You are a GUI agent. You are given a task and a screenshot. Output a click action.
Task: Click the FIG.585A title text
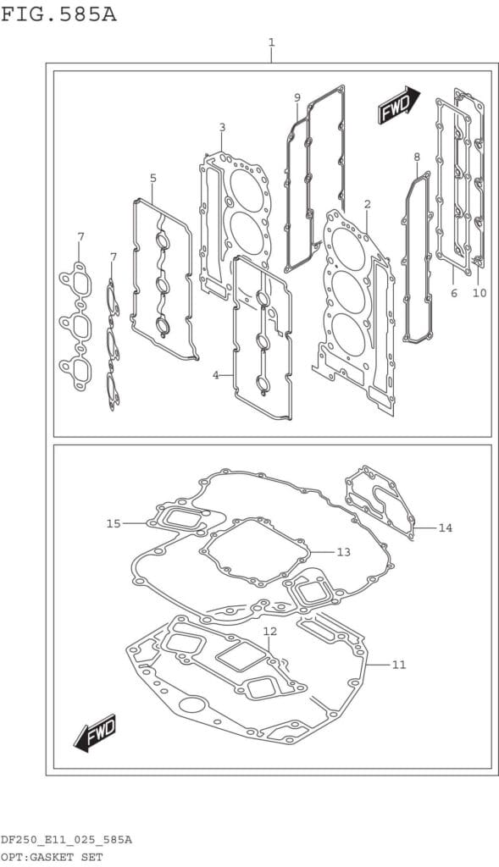click(x=58, y=14)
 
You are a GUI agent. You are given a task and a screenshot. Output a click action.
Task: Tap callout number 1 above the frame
click(x=272, y=42)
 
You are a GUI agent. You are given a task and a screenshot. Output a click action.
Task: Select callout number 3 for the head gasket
click(x=222, y=128)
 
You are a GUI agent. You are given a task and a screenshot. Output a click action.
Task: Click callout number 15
click(x=114, y=523)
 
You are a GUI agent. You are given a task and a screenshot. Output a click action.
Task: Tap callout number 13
click(x=344, y=552)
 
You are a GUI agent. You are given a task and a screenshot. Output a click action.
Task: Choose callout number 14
click(x=446, y=528)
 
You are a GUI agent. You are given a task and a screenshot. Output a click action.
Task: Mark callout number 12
click(x=270, y=631)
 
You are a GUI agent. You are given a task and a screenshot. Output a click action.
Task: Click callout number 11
click(x=399, y=665)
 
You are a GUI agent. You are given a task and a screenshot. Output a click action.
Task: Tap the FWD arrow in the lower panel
click(x=95, y=733)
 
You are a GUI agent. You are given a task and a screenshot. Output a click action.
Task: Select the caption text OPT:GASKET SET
click(x=52, y=857)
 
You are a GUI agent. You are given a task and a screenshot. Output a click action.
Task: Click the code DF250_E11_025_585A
click(x=66, y=841)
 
